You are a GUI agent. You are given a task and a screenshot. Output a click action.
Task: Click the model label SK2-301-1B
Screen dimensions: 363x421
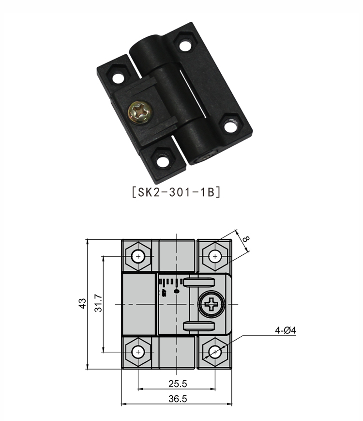coord(176,192)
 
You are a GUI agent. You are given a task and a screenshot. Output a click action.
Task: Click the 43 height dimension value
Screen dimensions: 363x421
coord(82,303)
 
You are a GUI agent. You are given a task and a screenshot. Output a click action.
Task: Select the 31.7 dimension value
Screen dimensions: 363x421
coord(98,303)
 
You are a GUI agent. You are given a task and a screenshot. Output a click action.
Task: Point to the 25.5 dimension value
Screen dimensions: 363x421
coord(178,384)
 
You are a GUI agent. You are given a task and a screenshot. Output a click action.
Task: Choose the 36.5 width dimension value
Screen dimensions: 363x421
coord(178,399)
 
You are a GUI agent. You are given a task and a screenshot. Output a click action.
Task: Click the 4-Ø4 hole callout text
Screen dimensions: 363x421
coord(286,330)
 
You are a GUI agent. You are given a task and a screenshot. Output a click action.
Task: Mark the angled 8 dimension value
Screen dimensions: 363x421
coord(246,239)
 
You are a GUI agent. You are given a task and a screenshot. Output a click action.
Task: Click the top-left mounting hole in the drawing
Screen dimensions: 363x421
coord(138,257)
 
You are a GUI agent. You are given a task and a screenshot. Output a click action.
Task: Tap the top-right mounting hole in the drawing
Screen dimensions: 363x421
coord(215,257)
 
